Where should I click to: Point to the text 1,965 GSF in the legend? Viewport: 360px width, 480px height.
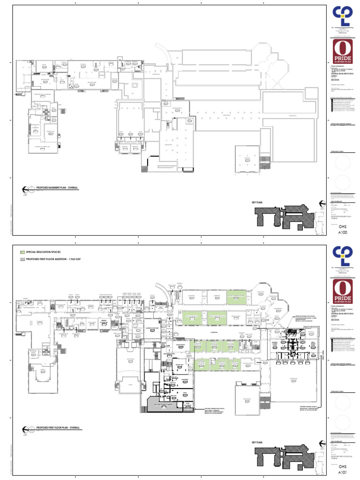[x=74, y=259]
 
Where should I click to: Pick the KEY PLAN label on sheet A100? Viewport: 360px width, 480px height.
[x=258, y=202]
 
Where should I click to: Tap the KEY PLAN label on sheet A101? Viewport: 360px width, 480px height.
[x=258, y=442]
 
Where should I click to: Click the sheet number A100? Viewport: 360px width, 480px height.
[x=344, y=232]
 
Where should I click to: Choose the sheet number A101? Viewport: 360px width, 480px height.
[x=344, y=472]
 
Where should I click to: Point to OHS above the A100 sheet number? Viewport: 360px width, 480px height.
[x=344, y=225]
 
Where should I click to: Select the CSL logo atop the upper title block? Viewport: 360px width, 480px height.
[x=343, y=16]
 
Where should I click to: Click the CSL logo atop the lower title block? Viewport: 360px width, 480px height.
[x=343, y=256]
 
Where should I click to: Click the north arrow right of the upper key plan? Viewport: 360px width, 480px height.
[x=322, y=203]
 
